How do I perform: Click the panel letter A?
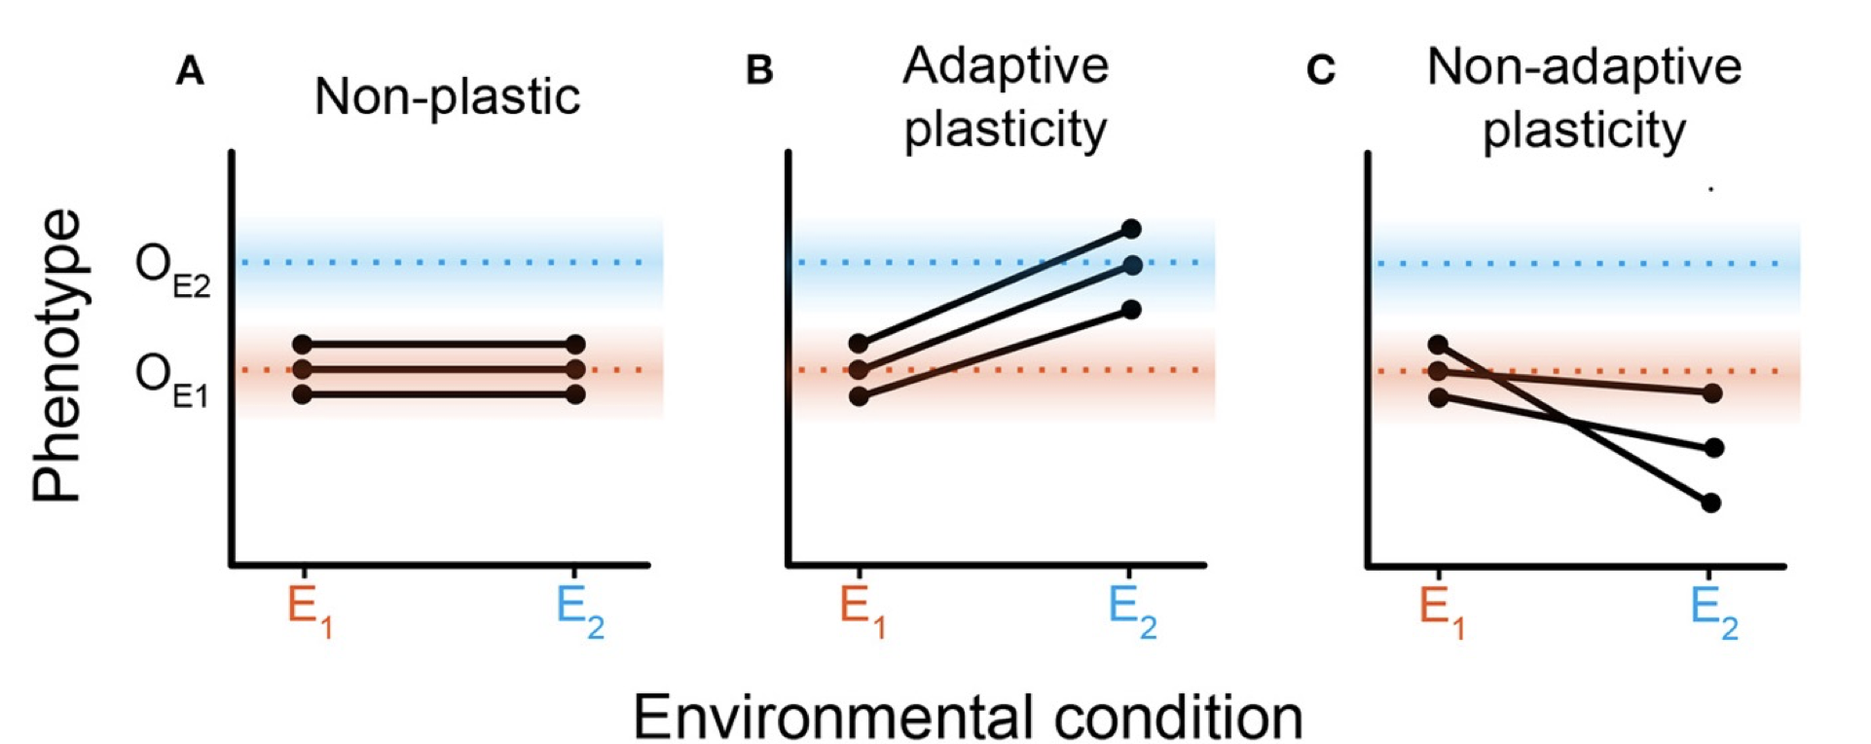190,71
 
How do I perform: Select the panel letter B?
759,71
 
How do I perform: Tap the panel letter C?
1321,71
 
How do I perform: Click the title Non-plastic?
448,96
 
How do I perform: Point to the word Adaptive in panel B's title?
1006,66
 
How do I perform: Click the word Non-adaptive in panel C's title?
1584,67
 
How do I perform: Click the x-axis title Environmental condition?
968,718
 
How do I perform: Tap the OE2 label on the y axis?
172,270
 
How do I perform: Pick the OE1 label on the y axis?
172,379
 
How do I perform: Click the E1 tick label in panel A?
310,612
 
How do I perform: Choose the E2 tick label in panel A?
579,612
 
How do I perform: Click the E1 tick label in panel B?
862,612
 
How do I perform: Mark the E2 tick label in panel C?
1713,612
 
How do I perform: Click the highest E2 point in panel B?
1131,229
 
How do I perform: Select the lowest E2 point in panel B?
1131,310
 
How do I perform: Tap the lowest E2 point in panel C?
1712,502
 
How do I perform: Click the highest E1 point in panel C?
1438,345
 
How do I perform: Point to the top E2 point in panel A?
575,344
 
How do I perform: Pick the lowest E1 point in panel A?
302,394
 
